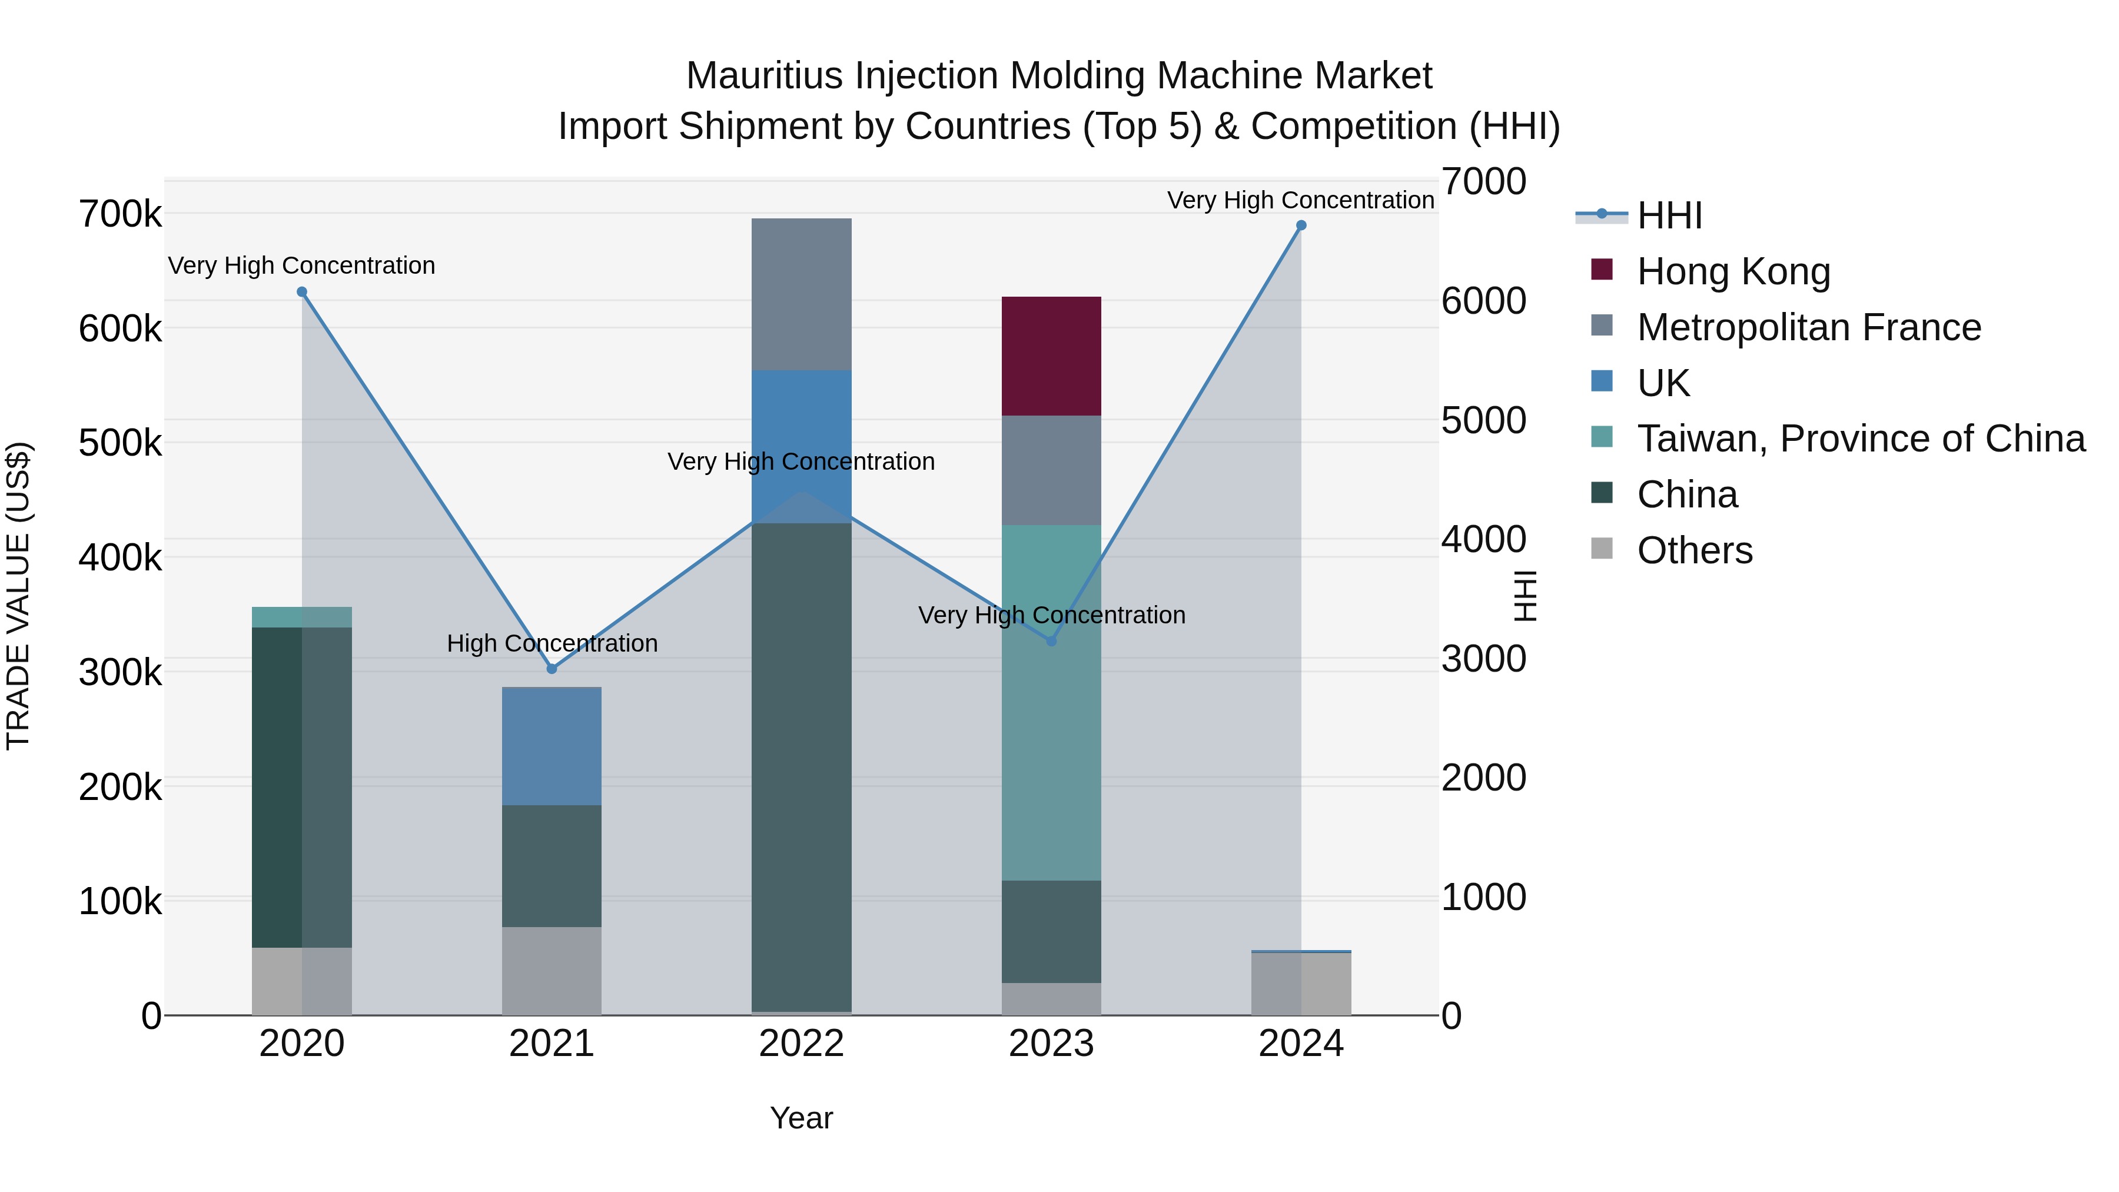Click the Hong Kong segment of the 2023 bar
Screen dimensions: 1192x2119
[1051, 356]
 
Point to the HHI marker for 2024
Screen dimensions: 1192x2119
[1300, 225]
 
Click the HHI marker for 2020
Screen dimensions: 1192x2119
[302, 292]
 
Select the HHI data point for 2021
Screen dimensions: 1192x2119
[552, 669]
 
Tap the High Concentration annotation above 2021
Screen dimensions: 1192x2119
[552, 643]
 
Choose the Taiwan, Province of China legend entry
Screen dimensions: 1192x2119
[1860, 439]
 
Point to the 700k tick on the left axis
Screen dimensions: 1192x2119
[120, 215]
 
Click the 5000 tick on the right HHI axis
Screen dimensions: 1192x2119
[1483, 420]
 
